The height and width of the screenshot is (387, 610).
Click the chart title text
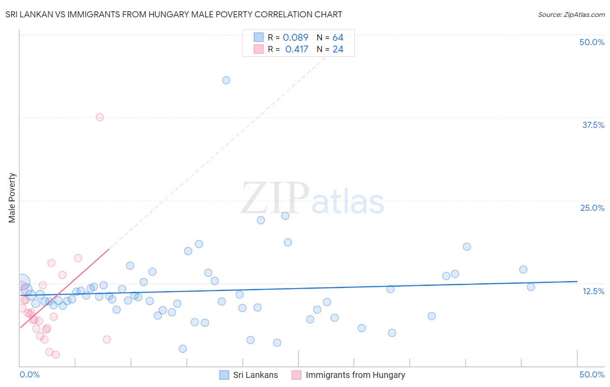click(x=174, y=14)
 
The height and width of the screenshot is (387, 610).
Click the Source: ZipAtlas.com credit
click(x=571, y=14)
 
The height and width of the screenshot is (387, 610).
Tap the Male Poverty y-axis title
click(x=12, y=198)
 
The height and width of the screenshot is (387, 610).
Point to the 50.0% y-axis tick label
click(x=592, y=42)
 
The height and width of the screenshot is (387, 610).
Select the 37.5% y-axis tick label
click(x=593, y=125)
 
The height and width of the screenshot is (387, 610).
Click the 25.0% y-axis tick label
click(x=592, y=208)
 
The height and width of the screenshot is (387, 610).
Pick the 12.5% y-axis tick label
click(x=593, y=291)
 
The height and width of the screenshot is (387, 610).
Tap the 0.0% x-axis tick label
click(x=30, y=374)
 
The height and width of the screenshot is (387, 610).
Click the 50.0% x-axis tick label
click(x=592, y=374)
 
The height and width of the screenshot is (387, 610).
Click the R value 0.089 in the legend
click(x=295, y=38)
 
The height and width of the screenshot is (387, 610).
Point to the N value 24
click(x=338, y=49)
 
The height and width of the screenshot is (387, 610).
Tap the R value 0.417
click(x=297, y=49)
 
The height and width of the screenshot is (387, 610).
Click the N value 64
click(x=338, y=38)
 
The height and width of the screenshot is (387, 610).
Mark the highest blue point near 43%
click(x=226, y=80)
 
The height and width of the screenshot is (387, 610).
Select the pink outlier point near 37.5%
click(x=100, y=117)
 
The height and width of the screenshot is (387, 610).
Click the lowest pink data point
click(x=56, y=355)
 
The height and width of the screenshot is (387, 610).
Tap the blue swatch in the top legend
click(x=259, y=37)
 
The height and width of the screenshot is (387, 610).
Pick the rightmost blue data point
click(x=531, y=287)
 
